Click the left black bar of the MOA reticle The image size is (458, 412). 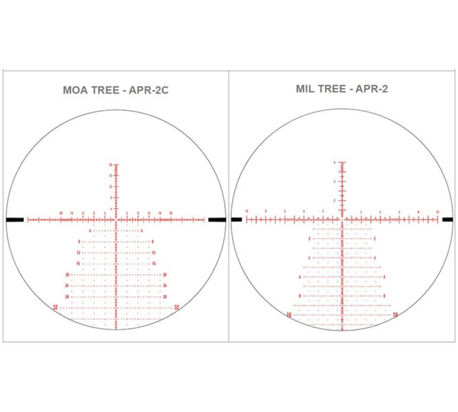[x=14, y=220]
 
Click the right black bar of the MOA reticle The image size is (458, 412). [x=217, y=220]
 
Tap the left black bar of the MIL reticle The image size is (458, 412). [x=237, y=220]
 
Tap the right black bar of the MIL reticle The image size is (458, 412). [x=447, y=220]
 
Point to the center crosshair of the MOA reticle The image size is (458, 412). [x=117, y=220]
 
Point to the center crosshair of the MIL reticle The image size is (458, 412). [x=342, y=220]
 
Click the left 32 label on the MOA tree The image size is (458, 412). [x=56, y=308]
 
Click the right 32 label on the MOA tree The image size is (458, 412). [x=177, y=308]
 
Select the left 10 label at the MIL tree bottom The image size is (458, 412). [x=289, y=314]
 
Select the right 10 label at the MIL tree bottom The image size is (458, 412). [x=396, y=314]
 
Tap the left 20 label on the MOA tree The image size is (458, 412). [x=68, y=275]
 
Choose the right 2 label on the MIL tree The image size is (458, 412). [x=375, y=238]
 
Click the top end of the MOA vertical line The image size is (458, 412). [x=117, y=164]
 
